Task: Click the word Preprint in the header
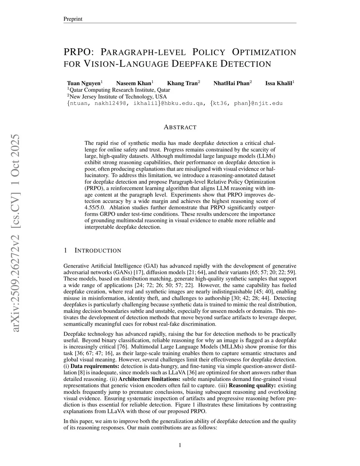click(x=72, y=19)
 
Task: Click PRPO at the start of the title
click(x=78, y=52)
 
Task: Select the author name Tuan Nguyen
click(x=84, y=83)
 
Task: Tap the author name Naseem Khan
click(x=133, y=83)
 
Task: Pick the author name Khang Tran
click(x=182, y=83)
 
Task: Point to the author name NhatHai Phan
click(x=231, y=83)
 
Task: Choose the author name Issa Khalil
click(x=278, y=83)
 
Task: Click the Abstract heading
click(x=180, y=127)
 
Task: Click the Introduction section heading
click(x=98, y=251)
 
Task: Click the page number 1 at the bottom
click(x=180, y=446)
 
